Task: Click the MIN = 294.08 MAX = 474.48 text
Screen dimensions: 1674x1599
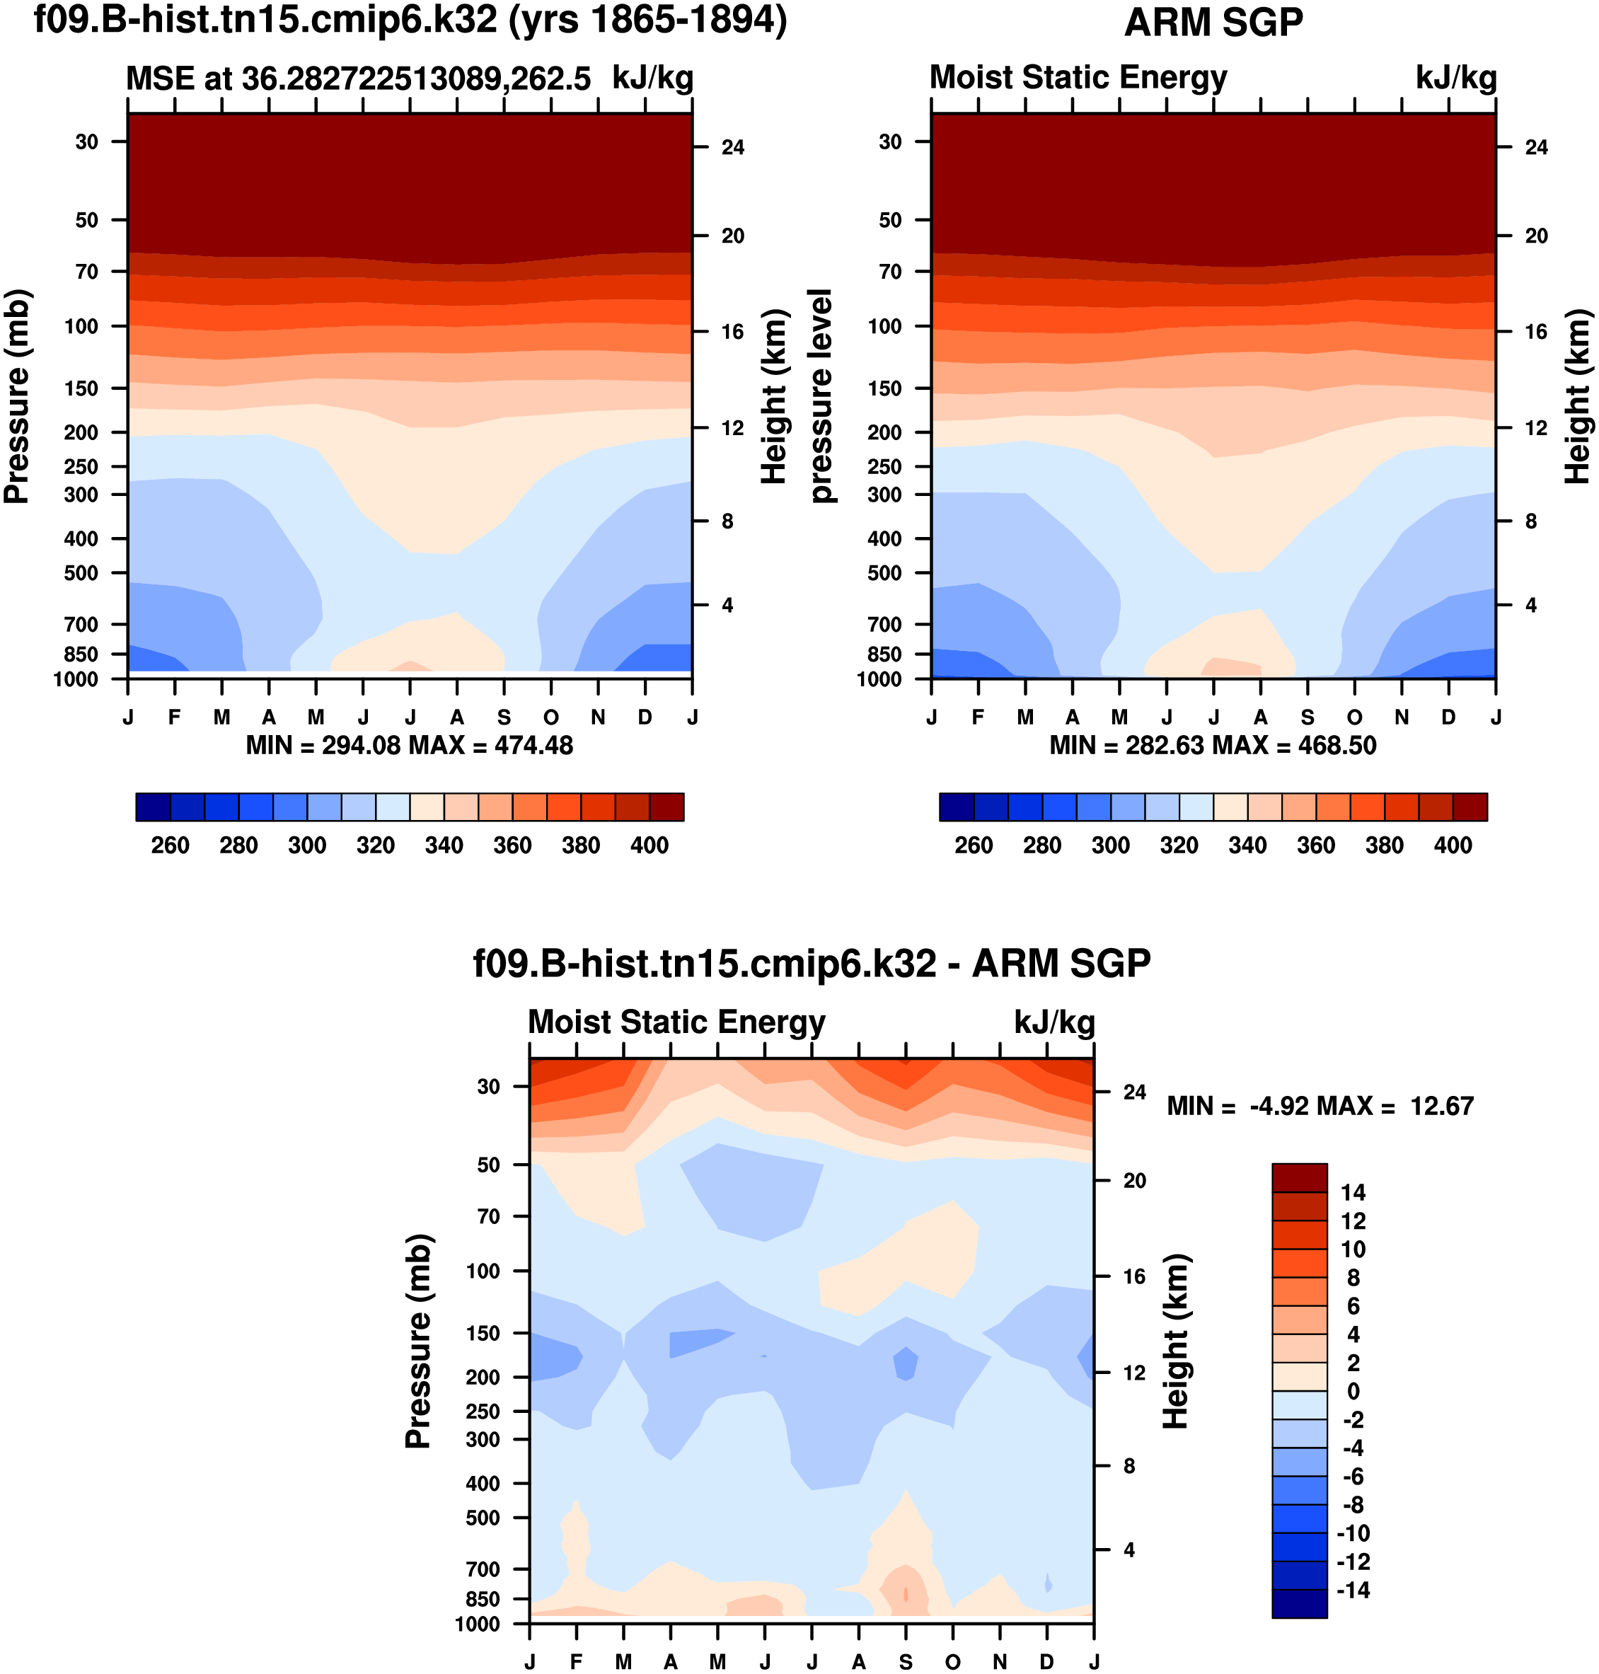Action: pos(409,746)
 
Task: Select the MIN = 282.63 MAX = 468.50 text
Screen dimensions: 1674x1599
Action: pos(1212,746)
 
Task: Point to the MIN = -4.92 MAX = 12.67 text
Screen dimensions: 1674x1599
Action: pos(1320,1107)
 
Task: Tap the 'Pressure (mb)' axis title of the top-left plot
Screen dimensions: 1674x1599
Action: pos(17,397)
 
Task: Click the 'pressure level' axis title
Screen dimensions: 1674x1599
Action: pos(820,396)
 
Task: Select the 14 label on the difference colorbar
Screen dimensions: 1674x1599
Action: pos(1353,1192)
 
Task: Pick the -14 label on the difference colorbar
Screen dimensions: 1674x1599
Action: pos(1353,1591)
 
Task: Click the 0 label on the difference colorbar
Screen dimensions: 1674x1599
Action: pos(1353,1391)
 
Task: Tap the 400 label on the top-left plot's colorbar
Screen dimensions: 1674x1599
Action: pos(649,845)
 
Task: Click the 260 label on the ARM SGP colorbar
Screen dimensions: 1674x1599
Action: pos(974,845)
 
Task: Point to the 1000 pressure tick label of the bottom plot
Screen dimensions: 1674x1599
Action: pos(478,1624)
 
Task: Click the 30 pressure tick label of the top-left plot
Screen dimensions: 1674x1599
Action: pos(87,142)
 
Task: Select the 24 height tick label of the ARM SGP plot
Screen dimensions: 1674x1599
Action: pos(1536,147)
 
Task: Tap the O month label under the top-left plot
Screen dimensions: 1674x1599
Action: pos(551,717)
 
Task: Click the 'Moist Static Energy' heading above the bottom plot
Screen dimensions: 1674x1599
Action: pos(677,1022)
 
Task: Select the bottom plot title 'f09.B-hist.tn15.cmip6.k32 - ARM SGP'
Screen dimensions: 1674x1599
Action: pos(812,964)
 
